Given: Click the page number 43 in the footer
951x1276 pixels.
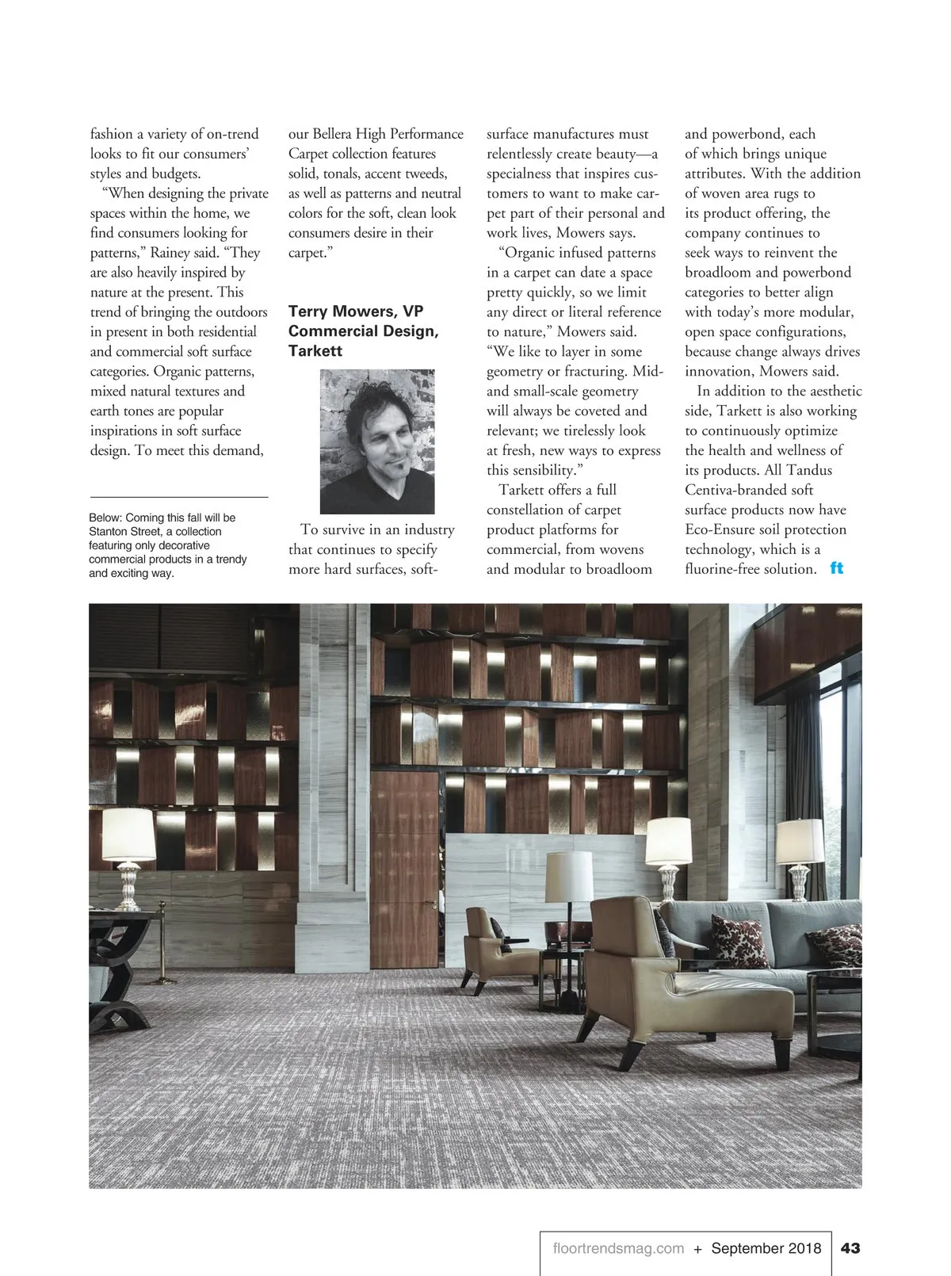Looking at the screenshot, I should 850,1248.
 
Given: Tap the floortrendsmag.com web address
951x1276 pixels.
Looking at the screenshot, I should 618,1248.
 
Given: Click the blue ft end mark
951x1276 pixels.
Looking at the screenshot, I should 837,568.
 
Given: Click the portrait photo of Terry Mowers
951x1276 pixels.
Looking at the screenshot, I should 377,441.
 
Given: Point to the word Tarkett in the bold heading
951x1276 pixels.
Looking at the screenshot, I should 315,351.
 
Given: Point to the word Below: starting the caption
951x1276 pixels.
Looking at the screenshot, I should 105,518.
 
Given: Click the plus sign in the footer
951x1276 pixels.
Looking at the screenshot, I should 697,1249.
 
